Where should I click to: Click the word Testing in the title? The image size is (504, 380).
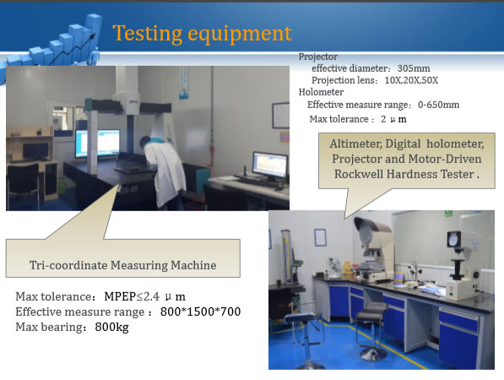147,34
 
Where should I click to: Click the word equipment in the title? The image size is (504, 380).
240,35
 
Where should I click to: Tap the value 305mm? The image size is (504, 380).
414,68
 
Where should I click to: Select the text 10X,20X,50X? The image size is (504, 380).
411,80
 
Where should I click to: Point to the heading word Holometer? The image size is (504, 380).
321,92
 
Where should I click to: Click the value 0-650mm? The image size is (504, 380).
438,105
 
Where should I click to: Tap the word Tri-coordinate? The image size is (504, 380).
68,265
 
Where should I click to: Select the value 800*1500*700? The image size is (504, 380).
200,312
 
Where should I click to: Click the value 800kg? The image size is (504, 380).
111,328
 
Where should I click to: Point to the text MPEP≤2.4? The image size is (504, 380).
132,296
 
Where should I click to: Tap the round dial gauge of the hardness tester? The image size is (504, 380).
453,240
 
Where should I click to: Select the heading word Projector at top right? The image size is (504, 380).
318,57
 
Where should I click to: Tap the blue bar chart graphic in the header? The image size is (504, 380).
51,45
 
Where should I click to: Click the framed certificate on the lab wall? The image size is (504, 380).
320,237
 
